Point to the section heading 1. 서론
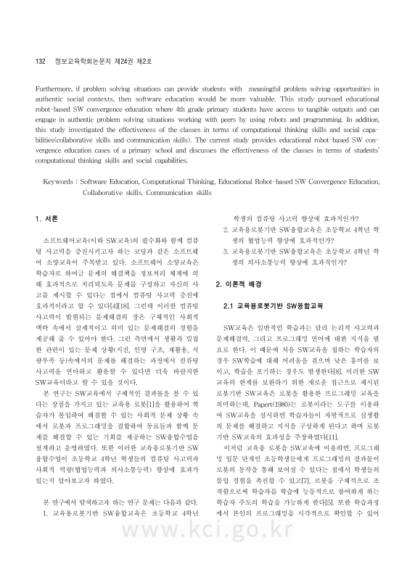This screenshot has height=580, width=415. (46, 218)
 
